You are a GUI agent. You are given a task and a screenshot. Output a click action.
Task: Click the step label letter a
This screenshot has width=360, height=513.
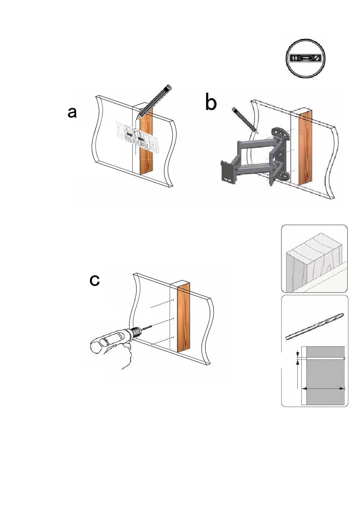point(72,113)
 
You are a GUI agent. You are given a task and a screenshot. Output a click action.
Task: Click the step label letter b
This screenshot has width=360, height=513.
point(211,102)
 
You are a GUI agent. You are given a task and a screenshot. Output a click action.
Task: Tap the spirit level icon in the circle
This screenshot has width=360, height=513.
point(306,58)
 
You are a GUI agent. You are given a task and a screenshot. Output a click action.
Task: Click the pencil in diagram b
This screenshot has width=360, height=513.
point(245,120)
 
